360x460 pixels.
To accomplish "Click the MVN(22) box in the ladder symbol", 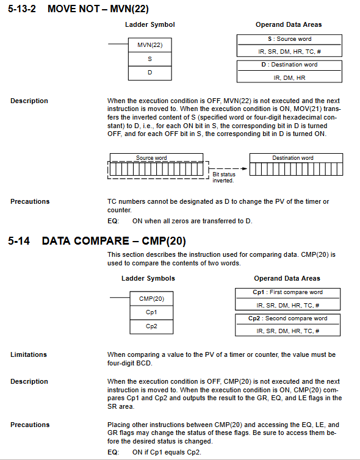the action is [150, 45].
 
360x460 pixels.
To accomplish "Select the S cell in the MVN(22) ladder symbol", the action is [150, 59].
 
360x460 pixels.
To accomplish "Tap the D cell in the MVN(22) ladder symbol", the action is [150, 73].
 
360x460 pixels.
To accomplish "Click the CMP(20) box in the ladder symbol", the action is [151, 299].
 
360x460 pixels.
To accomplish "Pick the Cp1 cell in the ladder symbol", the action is [151, 312].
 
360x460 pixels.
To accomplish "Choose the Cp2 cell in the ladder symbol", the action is [151, 326].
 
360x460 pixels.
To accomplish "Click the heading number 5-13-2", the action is [22, 9].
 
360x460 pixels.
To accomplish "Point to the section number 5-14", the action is [19, 241].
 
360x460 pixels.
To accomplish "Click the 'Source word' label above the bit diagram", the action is [151, 158].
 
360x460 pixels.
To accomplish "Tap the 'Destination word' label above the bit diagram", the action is [293, 158].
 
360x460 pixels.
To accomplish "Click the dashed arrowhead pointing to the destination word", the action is [244, 168].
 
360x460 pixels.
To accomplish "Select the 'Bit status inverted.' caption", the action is [224, 177].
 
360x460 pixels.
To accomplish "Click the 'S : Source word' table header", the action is [290, 39].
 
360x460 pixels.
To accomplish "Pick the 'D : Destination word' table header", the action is [289, 65].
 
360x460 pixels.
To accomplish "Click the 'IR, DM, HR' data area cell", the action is [289, 77].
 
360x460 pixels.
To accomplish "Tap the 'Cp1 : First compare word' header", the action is [287, 292].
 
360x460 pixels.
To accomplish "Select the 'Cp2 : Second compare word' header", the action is [287, 318].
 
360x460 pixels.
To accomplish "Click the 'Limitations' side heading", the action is [29, 354].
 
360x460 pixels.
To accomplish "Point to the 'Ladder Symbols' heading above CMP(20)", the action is [148, 278].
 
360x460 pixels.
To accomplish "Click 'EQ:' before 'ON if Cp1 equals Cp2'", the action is [113, 452].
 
